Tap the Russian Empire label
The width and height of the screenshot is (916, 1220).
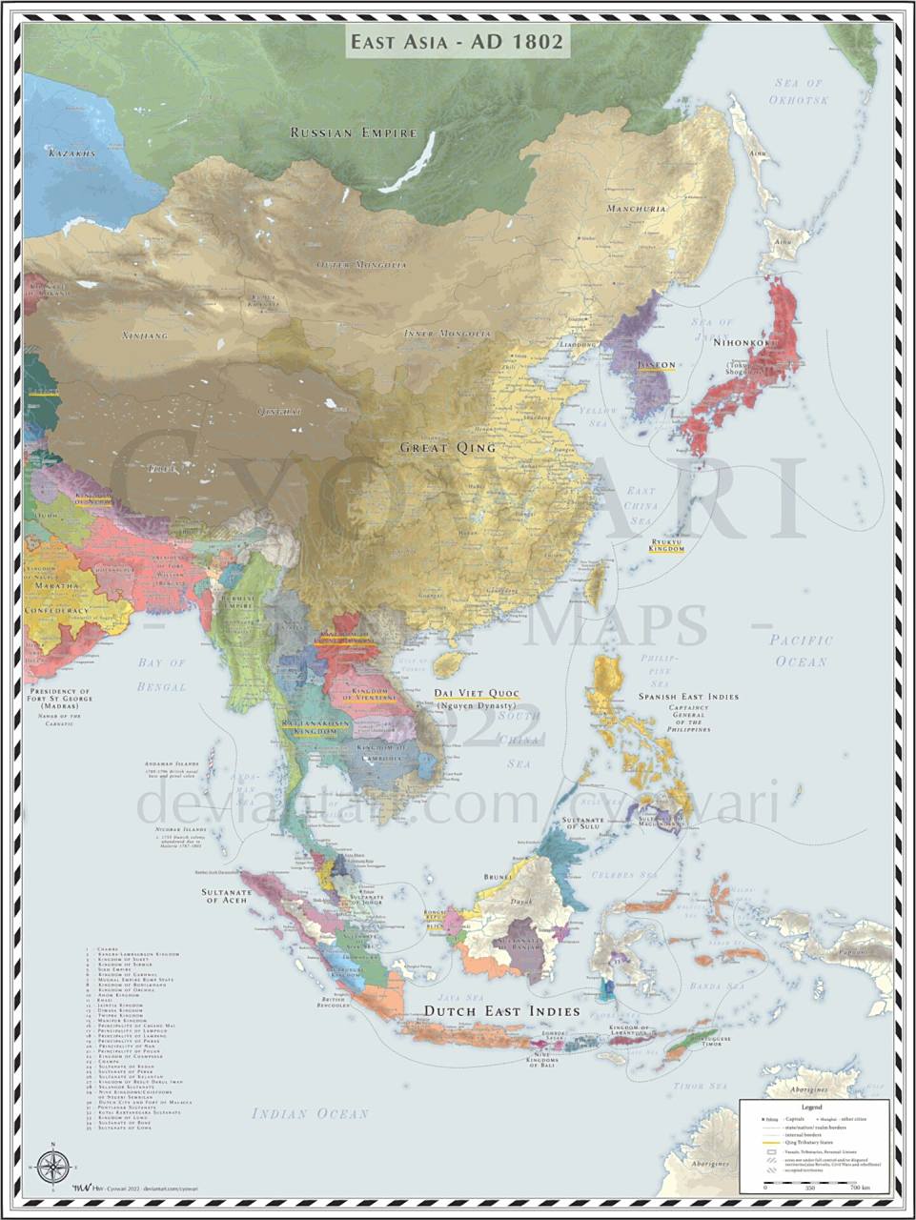(354, 133)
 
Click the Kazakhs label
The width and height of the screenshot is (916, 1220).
(72, 153)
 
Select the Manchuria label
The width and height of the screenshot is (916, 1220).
(636, 208)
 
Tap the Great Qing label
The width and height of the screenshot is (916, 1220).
(447, 447)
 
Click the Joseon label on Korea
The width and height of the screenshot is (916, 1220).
(656, 365)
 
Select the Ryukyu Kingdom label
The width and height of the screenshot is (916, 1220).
(667, 544)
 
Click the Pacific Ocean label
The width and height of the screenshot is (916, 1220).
(801, 650)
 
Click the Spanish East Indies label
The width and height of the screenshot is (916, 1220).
(688, 697)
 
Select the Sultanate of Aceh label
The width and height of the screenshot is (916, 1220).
(226, 897)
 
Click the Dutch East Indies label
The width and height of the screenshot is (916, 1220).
(501, 1011)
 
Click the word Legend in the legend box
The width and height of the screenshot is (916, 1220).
(811, 1108)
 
